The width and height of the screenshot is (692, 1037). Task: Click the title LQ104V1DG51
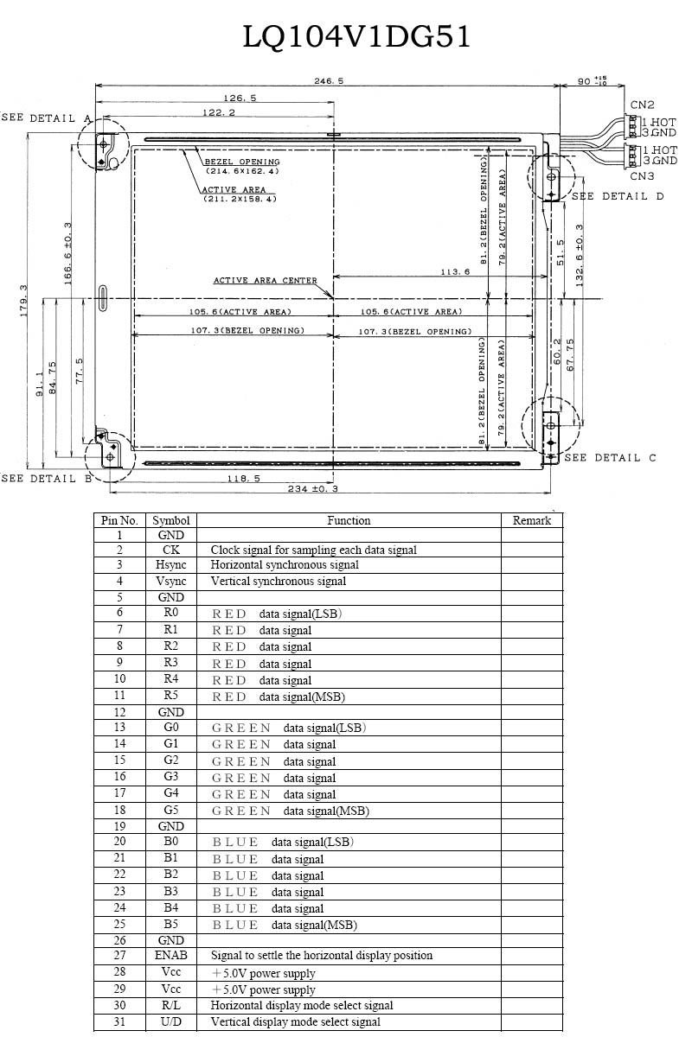click(356, 36)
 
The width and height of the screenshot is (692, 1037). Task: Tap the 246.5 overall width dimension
click(329, 81)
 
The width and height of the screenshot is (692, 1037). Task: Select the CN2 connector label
click(642, 105)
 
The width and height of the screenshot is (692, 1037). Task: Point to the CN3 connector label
click(642, 176)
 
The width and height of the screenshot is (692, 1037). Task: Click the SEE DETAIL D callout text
click(618, 196)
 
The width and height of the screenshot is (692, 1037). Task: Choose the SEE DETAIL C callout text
click(610, 458)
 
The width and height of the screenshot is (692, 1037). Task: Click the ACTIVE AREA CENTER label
click(265, 281)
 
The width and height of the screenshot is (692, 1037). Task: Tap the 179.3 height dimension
click(23, 301)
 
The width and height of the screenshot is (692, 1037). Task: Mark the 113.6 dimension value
click(455, 271)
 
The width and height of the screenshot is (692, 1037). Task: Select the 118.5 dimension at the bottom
click(243, 478)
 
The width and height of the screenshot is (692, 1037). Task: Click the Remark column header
click(532, 520)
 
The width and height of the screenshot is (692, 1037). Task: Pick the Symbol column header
click(171, 520)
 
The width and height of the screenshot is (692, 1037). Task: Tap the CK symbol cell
click(171, 550)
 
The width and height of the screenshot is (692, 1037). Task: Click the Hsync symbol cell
click(171, 565)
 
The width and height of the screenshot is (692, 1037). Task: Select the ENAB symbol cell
click(171, 955)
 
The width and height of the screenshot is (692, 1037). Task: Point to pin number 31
click(119, 1021)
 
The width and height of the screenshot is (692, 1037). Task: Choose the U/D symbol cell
click(171, 1021)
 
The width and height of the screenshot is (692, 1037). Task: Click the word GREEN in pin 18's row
click(241, 811)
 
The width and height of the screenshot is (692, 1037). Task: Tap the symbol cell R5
click(171, 695)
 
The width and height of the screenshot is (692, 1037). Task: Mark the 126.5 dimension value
click(240, 99)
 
